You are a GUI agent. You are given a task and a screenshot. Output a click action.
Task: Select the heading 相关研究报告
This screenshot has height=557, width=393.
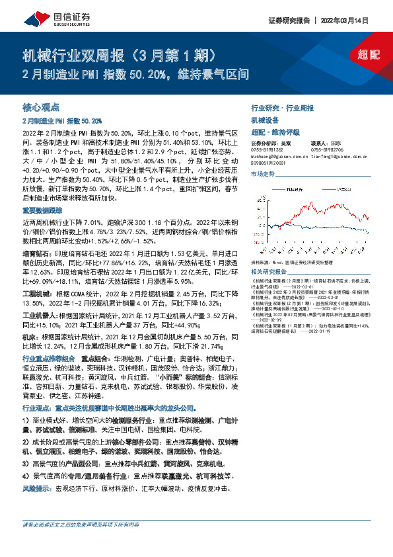269,272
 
